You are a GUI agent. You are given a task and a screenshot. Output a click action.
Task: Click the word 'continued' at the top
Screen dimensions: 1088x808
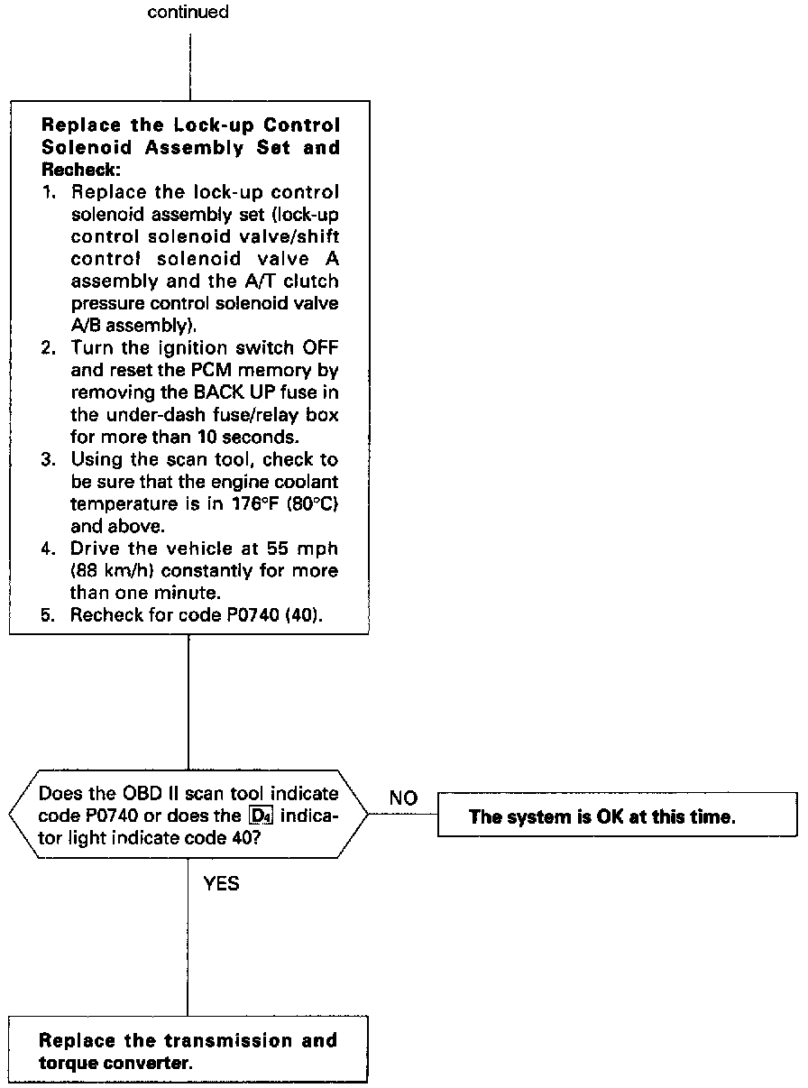point(188,13)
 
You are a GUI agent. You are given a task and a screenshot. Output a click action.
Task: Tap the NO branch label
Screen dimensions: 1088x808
point(402,798)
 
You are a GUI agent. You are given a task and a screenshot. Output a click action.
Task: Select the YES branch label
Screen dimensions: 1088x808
point(222,884)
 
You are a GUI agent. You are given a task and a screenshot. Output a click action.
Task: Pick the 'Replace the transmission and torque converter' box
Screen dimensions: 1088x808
point(188,1049)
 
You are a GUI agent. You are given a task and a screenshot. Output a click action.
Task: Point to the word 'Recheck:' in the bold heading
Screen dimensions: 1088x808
point(81,170)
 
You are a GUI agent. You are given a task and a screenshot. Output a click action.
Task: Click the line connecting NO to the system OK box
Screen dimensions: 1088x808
point(402,815)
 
